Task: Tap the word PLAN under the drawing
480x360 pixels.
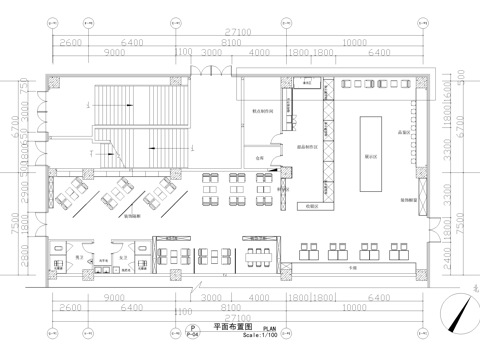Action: (270, 328)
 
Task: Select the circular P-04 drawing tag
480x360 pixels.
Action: (191, 332)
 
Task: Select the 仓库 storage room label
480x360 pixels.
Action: (258, 157)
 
